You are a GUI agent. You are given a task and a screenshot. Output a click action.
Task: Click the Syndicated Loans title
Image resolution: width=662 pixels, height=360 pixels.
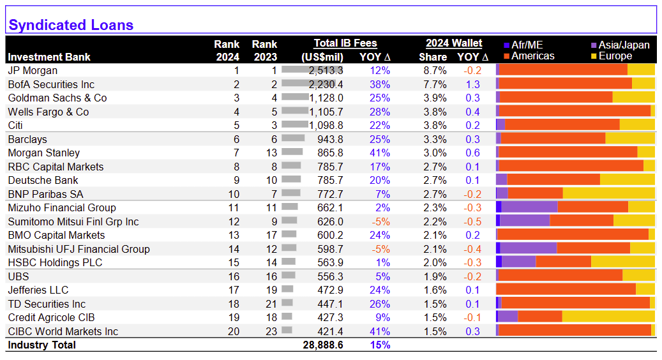tap(71, 25)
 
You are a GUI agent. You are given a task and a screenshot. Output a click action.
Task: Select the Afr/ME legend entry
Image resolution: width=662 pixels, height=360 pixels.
tap(523, 45)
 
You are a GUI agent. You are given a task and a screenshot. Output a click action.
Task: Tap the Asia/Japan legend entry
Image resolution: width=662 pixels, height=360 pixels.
tap(621, 45)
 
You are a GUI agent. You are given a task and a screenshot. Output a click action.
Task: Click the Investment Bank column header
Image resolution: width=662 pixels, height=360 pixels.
tap(49, 57)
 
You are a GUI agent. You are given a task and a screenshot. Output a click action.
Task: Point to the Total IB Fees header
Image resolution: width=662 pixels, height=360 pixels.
tap(345, 43)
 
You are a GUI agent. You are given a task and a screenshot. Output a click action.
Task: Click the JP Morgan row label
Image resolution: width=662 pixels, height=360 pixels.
tap(33, 70)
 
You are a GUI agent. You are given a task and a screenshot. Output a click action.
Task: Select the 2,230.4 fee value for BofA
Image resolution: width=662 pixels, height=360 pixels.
tap(326, 84)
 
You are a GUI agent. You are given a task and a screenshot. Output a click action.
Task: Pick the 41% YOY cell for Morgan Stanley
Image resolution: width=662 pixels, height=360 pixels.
tap(380, 153)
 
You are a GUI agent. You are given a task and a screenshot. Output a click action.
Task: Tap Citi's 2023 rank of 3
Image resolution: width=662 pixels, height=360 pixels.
tap(274, 125)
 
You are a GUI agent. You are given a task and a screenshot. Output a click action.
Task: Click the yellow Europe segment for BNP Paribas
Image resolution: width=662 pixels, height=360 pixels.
tap(609, 193)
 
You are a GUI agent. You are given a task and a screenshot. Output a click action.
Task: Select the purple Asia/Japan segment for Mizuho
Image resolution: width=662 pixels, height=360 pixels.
tap(529, 207)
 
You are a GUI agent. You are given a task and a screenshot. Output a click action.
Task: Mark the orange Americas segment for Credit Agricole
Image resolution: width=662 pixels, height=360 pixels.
tap(540, 317)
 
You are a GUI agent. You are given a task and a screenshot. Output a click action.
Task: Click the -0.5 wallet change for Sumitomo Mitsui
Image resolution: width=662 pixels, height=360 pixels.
tap(472, 221)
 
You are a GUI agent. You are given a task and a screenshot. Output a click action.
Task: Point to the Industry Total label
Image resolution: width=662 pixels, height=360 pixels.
tap(41, 345)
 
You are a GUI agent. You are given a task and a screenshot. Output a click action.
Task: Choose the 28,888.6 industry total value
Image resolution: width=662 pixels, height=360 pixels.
tap(323, 345)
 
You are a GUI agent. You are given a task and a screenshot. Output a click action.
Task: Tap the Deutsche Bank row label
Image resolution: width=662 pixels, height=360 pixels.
tap(43, 180)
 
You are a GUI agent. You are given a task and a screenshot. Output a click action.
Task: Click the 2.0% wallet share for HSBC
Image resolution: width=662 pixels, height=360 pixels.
tap(435, 262)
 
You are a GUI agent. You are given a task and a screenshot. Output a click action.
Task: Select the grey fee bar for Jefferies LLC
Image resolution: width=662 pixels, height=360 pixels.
tap(287, 289)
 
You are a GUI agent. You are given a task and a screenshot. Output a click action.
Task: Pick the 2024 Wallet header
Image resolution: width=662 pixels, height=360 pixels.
tap(454, 43)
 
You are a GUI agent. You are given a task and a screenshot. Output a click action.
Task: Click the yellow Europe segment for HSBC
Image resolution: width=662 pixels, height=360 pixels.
tap(623, 262)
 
